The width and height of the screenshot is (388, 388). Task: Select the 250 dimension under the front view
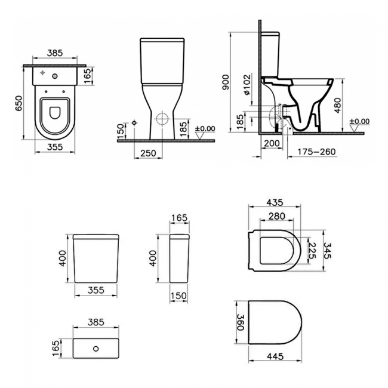tap(147, 153)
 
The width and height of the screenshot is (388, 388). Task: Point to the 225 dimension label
tap(310, 247)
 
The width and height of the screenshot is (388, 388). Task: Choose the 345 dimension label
tap(326, 247)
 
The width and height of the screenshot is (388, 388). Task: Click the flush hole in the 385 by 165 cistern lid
tap(97, 347)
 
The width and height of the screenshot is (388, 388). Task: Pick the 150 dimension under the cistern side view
tap(178, 296)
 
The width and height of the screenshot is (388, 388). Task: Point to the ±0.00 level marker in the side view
tap(361, 122)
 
